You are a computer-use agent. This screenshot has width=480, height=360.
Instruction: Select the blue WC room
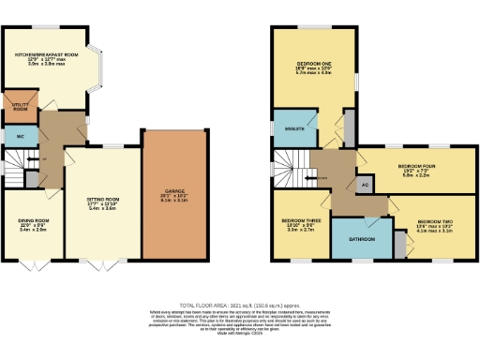tap(20, 137)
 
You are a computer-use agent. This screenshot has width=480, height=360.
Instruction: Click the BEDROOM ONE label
tap(314, 67)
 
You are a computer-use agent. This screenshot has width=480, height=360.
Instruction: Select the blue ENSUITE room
tap(290, 129)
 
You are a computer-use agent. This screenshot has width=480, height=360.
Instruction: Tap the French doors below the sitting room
tap(100, 263)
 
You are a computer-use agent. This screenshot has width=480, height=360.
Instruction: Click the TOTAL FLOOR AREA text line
tap(240, 306)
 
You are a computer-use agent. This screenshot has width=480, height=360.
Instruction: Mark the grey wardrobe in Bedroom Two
tap(400, 246)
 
